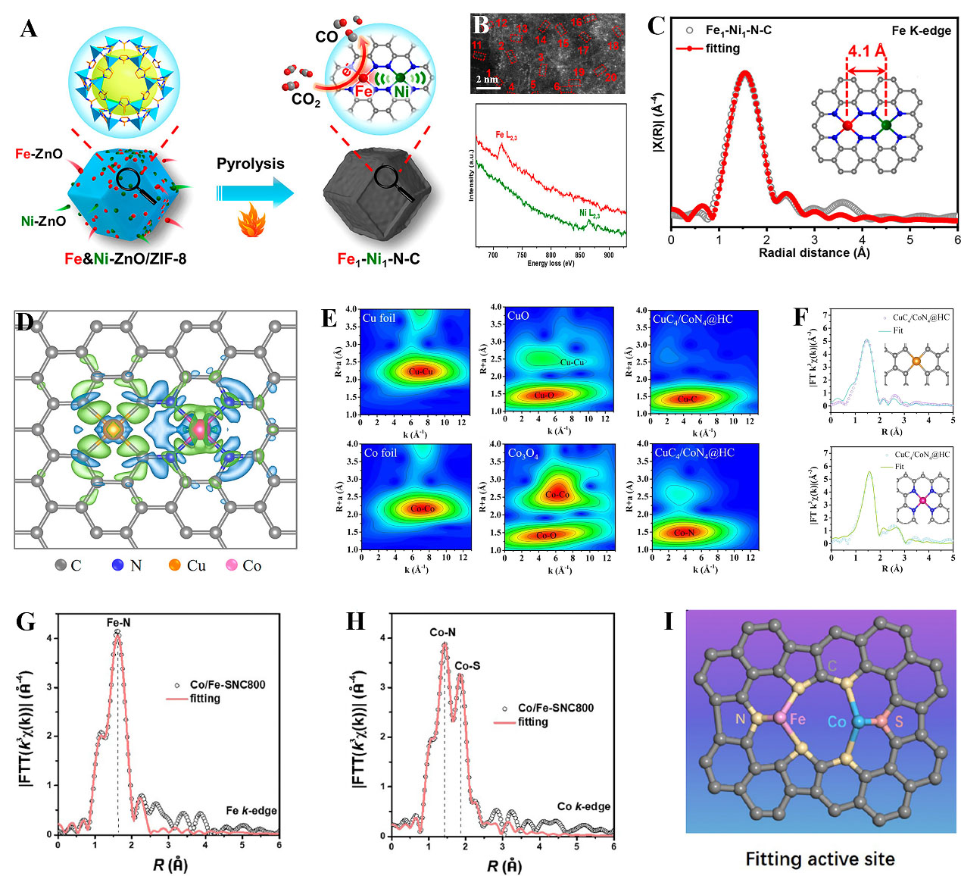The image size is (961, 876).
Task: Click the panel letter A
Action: tap(29, 29)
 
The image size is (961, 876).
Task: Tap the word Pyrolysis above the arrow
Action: tap(251, 164)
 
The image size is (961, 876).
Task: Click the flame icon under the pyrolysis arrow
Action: tap(248, 225)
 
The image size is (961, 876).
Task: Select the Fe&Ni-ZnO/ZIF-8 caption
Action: tap(125, 259)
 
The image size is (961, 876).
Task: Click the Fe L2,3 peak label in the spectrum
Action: tap(506, 136)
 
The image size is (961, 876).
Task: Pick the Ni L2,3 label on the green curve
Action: tap(589, 214)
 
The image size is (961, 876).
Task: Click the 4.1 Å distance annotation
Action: tap(866, 52)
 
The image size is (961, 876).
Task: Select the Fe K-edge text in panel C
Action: tap(921, 30)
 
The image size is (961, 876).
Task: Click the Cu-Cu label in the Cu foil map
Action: tap(420, 371)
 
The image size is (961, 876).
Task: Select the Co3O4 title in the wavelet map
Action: tap(523, 453)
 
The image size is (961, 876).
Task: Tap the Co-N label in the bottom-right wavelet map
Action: tap(684, 533)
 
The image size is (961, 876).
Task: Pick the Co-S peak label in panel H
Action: tap(466, 666)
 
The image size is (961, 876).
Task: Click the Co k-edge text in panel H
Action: tap(583, 806)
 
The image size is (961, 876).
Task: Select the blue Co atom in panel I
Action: tap(857, 721)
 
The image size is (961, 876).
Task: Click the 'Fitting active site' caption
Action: tap(820, 859)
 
